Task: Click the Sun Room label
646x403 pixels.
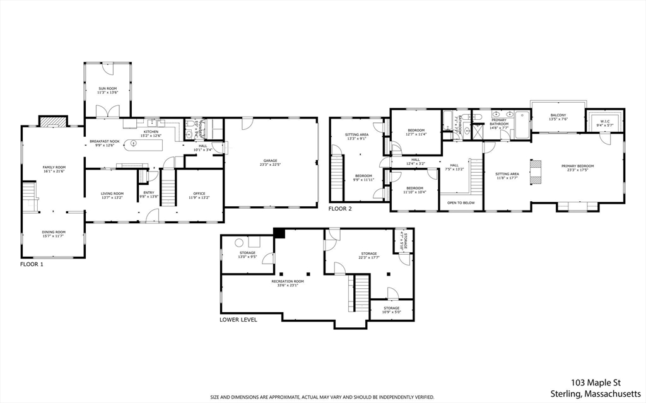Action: click(x=107, y=90)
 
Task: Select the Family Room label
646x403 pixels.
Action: click(x=54, y=169)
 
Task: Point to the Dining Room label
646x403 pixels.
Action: click(x=54, y=233)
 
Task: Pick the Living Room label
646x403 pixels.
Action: click(x=112, y=195)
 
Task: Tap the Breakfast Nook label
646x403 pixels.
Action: click(x=101, y=143)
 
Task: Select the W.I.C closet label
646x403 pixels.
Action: click(x=605, y=123)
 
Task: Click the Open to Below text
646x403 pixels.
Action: click(x=461, y=203)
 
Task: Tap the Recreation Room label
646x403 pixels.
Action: click(x=288, y=283)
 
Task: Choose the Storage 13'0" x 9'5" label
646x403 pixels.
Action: click(x=247, y=254)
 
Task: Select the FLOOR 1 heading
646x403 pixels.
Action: click(x=32, y=264)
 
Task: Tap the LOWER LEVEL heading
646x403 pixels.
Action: click(x=238, y=320)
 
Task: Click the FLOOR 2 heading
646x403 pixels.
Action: click(x=340, y=208)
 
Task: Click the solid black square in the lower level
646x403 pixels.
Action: click(x=280, y=233)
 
